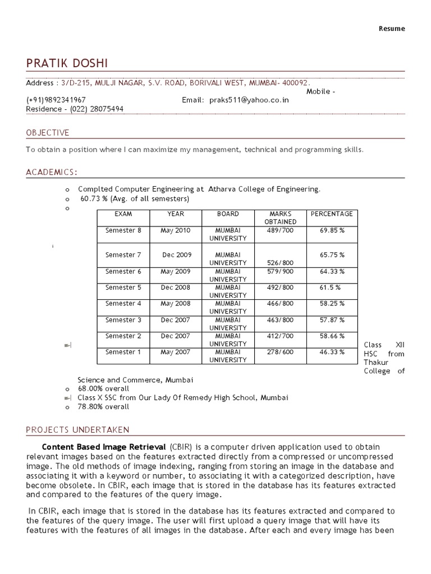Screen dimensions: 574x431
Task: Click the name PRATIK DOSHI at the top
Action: tap(67, 63)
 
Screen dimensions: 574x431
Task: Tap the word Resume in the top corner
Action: tap(392, 29)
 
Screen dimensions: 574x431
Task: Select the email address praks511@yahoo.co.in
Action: tap(249, 100)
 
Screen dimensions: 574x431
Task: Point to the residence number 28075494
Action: tap(105, 109)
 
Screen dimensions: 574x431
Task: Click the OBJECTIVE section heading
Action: tap(48, 133)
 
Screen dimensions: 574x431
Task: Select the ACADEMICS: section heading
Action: tap(52, 172)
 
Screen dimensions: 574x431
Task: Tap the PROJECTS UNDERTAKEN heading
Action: tap(77, 430)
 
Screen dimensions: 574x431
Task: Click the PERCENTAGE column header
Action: tap(332, 214)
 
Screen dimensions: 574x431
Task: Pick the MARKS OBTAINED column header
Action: tap(281, 217)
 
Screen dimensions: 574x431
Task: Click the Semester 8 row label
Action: tap(123, 230)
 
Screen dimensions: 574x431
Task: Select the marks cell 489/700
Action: tap(280, 230)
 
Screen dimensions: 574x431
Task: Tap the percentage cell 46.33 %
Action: tap(332, 352)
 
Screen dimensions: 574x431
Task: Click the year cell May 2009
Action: tap(176, 271)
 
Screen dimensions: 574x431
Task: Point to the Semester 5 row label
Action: tap(123, 288)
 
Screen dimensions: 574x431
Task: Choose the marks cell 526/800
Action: tap(280, 262)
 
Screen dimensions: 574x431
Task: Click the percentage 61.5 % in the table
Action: tap(330, 288)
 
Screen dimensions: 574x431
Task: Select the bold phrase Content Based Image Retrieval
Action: tap(104, 447)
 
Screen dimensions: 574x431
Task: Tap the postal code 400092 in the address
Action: tap(296, 83)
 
